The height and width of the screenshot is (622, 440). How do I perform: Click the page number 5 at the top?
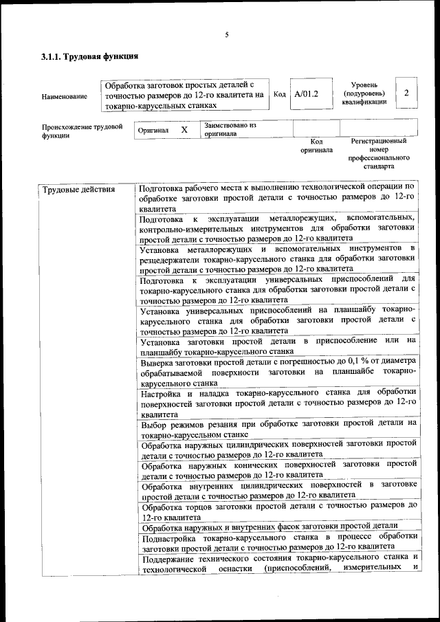click(x=226, y=35)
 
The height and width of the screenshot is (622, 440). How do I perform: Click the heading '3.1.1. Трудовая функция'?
click(x=90, y=56)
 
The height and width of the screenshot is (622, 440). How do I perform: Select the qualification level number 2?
click(x=407, y=93)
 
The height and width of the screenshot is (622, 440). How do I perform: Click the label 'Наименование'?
click(x=65, y=97)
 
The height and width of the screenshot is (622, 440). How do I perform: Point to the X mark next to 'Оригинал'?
click(x=184, y=129)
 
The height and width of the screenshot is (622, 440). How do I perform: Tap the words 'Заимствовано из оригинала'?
click(x=230, y=130)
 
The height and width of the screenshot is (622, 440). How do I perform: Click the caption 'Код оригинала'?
click(x=316, y=145)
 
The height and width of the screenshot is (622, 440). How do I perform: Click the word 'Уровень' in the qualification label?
click(x=364, y=84)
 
